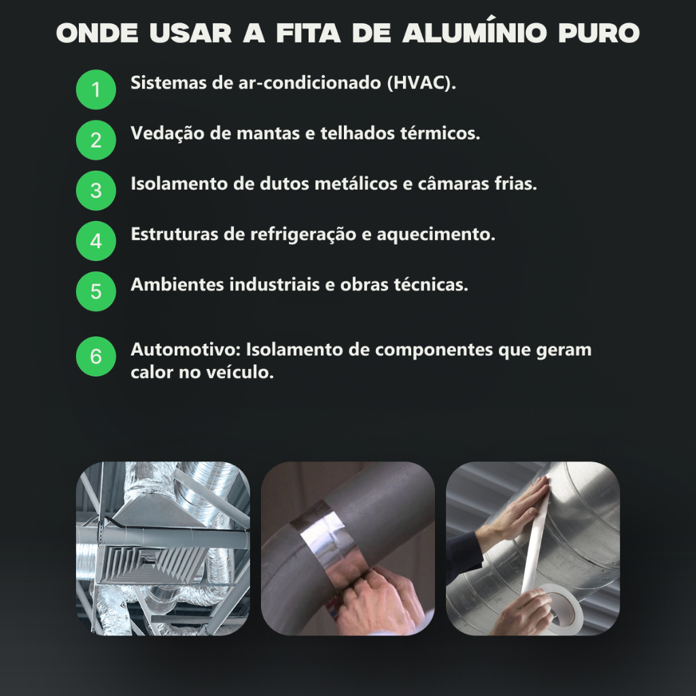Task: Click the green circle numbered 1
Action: (96, 90)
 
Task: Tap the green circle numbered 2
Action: (96, 140)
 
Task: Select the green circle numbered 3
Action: (96, 191)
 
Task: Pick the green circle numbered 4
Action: (96, 241)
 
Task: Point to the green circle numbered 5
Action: (96, 292)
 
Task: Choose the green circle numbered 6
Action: (96, 356)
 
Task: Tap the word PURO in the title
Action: (599, 33)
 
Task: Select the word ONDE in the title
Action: (97, 33)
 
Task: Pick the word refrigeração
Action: (303, 234)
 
